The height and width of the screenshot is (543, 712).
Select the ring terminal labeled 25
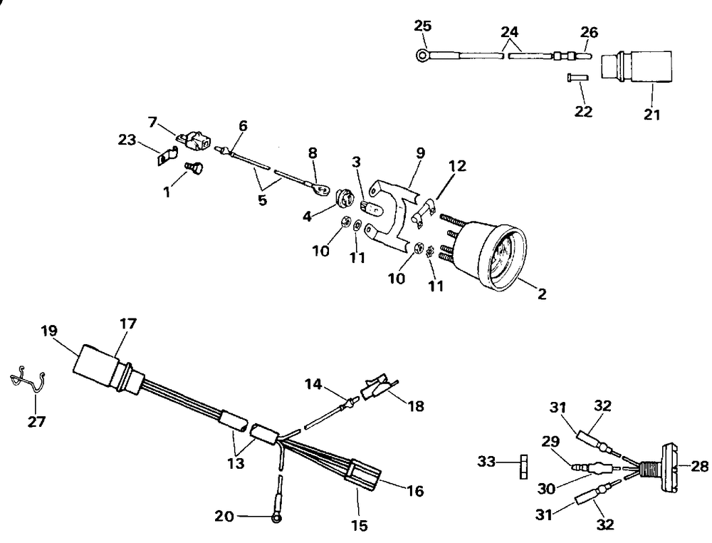422,53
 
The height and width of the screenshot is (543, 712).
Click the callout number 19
49,331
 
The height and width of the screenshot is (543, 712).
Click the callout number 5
263,200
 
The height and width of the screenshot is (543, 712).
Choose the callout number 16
414,491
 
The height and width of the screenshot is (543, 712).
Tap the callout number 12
456,166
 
